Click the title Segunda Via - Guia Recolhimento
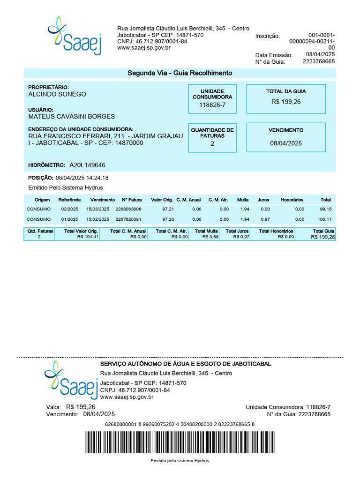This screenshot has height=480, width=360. (180, 73)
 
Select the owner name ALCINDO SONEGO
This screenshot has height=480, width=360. (57, 94)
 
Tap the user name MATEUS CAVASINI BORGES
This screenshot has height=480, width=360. (71, 116)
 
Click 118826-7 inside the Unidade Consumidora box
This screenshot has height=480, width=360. (212, 105)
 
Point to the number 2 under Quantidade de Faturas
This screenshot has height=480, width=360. (212, 144)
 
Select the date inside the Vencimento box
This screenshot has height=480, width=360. (286, 143)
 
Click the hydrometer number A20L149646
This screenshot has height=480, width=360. (87, 165)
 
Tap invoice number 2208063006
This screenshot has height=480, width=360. (128, 209)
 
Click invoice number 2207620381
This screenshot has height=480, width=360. (128, 219)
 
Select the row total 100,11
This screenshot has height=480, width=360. (324, 219)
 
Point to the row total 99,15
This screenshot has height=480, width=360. (326, 209)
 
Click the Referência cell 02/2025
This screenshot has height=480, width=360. (69, 209)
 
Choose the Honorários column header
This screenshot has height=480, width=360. (292, 200)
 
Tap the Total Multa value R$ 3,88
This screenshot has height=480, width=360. (210, 237)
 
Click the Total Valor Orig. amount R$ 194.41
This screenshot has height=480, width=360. (88, 237)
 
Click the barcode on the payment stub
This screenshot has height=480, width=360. (180, 442)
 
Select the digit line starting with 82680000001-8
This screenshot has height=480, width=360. (180, 425)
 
